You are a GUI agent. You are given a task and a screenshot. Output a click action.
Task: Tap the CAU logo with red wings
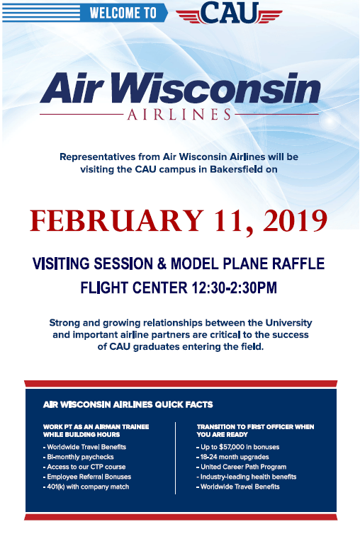click(229, 13)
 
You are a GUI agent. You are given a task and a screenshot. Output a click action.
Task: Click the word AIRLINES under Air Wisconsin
click(179, 115)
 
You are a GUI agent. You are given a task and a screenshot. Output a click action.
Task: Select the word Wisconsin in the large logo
click(215, 88)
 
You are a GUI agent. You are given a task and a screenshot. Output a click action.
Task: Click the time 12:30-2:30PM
click(234, 288)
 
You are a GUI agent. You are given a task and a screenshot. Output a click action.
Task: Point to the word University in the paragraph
click(288, 322)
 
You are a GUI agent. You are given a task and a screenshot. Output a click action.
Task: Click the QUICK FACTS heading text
click(184, 404)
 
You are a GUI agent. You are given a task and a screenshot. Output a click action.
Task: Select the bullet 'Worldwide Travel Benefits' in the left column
click(84, 447)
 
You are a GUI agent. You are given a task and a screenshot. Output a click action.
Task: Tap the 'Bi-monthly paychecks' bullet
click(79, 457)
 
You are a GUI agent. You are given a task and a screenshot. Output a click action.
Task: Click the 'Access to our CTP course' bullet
click(84, 467)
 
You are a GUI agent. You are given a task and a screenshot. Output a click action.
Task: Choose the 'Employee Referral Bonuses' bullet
click(87, 477)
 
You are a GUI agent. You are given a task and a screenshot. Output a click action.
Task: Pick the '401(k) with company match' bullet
click(86, 487)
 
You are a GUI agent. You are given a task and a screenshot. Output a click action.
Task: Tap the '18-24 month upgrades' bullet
click(232, 457)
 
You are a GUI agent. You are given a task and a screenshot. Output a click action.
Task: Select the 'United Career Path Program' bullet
click(242, 467)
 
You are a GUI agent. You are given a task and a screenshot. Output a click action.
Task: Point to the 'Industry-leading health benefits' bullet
click(247, 477)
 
